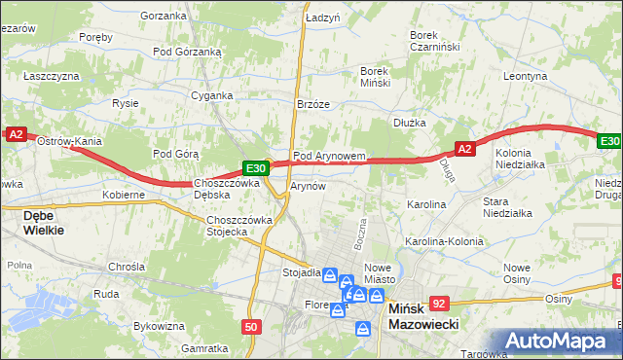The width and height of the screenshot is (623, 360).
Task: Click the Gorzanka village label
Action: coord(163,16)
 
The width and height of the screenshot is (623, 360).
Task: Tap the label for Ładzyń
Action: coord(322,18)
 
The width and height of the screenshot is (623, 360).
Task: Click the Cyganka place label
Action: coord(211,95)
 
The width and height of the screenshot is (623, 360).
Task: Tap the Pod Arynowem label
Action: coord(329,156)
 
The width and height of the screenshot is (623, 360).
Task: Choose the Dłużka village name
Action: coord(411,123)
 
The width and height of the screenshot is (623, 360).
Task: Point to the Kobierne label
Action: coord(124,195)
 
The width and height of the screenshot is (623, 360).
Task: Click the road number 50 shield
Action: coord(251,327)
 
